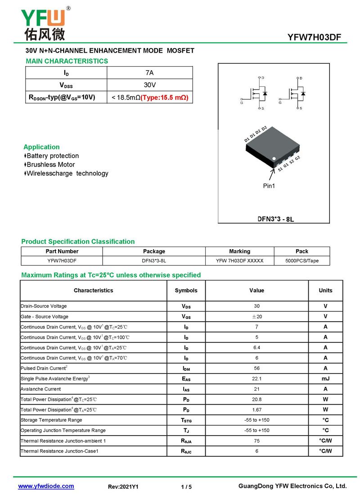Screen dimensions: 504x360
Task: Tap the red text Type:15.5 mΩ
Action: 164,97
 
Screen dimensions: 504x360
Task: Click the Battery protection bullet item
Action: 53,156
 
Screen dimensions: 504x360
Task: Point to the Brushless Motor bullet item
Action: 51,165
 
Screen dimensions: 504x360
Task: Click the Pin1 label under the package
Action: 269,186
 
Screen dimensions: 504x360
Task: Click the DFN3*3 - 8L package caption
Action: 275,219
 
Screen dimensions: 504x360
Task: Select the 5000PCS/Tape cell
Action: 302,261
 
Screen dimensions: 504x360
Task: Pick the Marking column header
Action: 239,252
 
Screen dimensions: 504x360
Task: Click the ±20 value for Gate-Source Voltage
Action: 256,317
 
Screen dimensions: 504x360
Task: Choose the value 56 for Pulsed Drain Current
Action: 256,369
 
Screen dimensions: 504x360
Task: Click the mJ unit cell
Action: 325,379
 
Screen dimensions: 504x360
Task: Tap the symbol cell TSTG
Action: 186,420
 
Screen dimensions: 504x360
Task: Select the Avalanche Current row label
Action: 40,389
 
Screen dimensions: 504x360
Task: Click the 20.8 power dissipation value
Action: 256,400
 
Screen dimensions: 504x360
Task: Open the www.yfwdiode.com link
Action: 46,486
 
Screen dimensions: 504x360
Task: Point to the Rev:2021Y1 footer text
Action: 123,487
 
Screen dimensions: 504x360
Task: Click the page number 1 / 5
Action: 186,487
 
